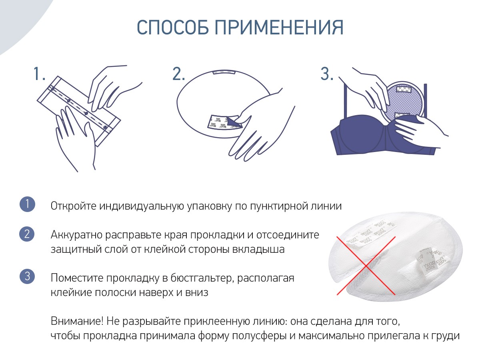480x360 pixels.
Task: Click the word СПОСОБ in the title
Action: point(173,27)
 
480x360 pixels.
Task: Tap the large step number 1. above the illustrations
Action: point(39,74)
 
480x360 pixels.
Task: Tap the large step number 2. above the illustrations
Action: point(179,74)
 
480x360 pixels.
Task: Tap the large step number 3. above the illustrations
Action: point(327,74)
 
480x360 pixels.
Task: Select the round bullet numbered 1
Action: point(27,204)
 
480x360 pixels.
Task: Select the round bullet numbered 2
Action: point(27,234)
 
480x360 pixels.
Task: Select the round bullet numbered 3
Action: point(27,276)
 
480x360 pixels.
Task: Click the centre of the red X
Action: point(366,266)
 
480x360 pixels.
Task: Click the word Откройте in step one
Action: point(73,206)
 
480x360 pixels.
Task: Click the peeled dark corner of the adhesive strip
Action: point(234,123)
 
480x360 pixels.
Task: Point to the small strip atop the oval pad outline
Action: point(224,72)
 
